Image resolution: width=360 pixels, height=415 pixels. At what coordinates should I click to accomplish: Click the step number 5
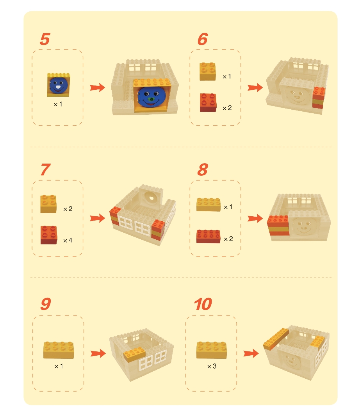pos(45,39)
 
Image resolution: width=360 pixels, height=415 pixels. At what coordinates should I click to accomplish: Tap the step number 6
pos(203,39)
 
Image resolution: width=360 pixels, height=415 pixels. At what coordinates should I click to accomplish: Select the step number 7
pos(45,169)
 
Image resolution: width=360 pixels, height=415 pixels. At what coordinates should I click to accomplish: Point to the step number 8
pos(203,169)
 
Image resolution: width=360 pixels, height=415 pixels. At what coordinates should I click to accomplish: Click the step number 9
pos(46,304)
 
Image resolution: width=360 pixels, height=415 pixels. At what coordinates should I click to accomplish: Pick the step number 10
pos(203,304)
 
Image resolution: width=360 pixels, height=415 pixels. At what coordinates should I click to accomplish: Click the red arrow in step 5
pos(97,87)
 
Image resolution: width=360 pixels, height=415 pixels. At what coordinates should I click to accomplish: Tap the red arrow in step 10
pos(251,353)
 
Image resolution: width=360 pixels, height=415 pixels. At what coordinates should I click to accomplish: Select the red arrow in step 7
pos(97,218)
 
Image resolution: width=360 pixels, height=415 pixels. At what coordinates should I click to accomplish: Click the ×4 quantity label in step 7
pos(68,240)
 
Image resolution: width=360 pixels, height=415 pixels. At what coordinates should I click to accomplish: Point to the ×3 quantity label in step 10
pos(212,366)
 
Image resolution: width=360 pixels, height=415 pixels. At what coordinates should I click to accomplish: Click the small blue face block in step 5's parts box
pos(59,85)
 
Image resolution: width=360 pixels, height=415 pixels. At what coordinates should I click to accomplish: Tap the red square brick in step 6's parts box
pos(208,102)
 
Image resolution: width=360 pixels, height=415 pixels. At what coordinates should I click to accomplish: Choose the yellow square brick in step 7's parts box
pos(48,204)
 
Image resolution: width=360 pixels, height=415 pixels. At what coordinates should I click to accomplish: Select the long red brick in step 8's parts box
pos(209,236)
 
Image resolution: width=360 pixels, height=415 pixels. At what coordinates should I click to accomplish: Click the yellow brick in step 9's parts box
pos(59,350)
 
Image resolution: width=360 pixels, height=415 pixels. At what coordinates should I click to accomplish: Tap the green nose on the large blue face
pos(151,100)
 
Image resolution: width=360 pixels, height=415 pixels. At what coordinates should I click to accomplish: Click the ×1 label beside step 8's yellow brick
pos(228,207)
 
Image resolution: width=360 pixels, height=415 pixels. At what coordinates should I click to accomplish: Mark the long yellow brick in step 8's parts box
pos(209,204)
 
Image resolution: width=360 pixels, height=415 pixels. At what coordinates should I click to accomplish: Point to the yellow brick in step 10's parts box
pos(212,350)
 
